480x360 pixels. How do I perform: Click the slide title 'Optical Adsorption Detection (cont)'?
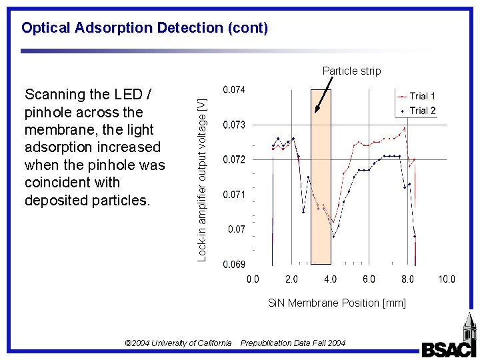tap(145, 28)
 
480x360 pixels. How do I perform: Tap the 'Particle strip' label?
tap(351, 71)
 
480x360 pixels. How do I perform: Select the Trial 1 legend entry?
tap(422, 96)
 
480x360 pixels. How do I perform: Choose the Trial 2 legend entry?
tap(422, 110)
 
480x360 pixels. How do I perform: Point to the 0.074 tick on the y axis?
tap(233, 90)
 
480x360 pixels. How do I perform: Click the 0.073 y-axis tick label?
tap(233, 125)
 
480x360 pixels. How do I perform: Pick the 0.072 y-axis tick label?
tap(233, 159)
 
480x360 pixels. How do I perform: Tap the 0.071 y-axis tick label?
tap(233, 195)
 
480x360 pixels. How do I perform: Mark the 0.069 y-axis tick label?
tap(233, 264)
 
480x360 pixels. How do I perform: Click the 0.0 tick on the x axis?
tap(253, 279)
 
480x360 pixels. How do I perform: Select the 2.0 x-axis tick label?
tap(291, 279)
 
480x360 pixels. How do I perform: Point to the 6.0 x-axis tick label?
tap(369, 279)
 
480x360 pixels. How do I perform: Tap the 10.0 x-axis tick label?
tap(446, 279)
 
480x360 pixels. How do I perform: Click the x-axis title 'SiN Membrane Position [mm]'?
tap(337, 303)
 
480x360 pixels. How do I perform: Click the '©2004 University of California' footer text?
tap(178, 343)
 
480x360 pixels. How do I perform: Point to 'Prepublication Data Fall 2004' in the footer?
tap(293, 343)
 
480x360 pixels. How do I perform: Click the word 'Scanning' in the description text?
tap(52, 95)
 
